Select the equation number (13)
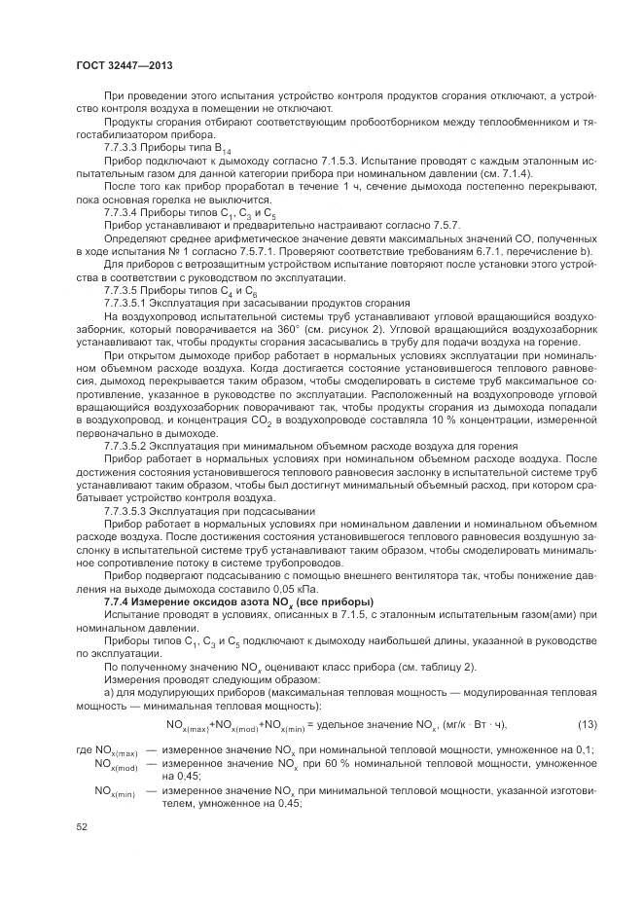tap(587, 725)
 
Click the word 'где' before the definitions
tap(82, 750)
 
